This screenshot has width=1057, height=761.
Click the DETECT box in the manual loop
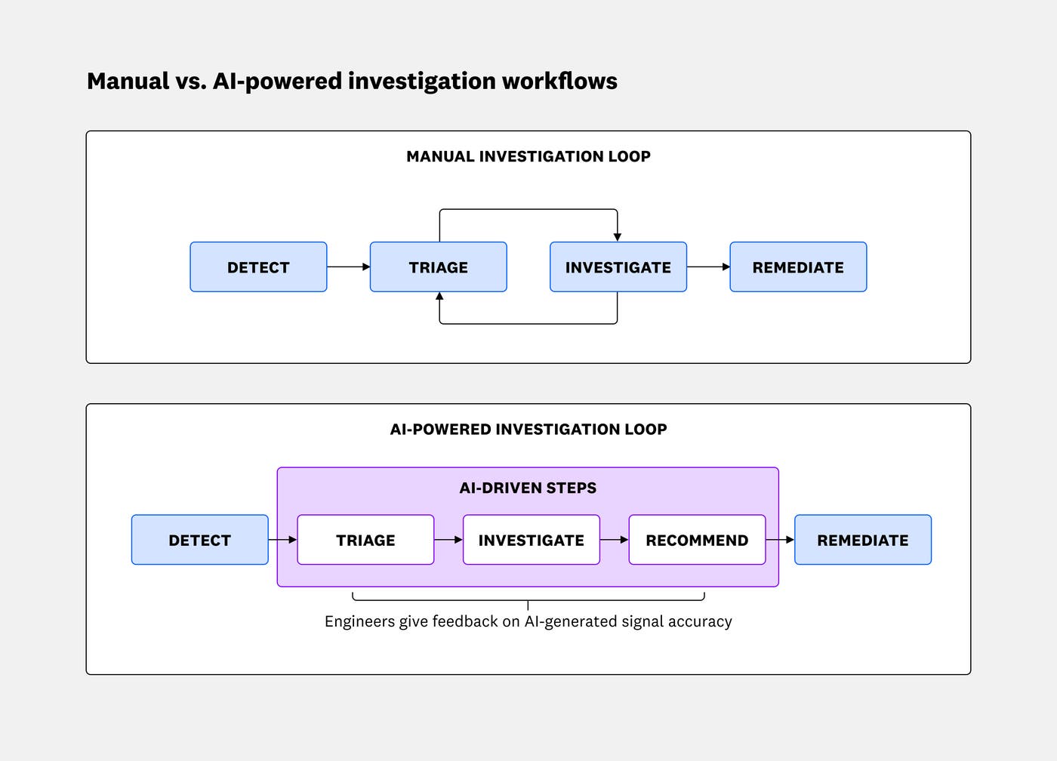(x=258, y=267)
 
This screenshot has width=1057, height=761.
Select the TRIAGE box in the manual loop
(x=438, y=267)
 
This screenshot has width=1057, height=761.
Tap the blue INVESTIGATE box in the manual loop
(x=618, y=267)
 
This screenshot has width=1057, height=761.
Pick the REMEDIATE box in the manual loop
(x=798, y=267)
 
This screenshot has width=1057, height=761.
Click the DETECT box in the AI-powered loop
(x=199, y=540)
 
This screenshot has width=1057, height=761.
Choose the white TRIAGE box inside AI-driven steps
(x=365, y=540)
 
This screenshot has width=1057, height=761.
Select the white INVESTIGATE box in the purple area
(x=531, y=540)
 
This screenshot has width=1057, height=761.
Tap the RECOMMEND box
(x=697, y=540)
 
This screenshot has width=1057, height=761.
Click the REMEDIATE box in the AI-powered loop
(x=862, y=540)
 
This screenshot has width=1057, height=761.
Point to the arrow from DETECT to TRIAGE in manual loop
(x=349, y=267)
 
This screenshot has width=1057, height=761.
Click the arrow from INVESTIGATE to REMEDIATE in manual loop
(x=709, y=267)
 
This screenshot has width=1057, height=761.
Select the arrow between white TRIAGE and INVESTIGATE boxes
(x=448, y=540)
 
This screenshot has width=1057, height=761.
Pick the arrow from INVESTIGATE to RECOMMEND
(x=615, y=540)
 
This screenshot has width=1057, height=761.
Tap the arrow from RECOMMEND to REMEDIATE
(x=781, y=540)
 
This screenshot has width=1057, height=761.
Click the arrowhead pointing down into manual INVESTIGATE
(x=617, y=236)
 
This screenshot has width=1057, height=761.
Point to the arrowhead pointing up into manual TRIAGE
(x=439, y=297)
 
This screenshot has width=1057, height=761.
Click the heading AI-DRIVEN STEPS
(x=528, y=488)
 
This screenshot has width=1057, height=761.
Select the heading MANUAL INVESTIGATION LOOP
(x=528, y=157)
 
